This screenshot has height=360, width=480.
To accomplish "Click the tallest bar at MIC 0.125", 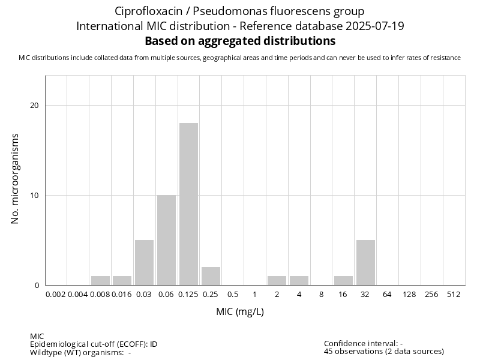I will click(188, 204).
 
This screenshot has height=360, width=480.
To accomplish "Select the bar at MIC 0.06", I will click(166, 240).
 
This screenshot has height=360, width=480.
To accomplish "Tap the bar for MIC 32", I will click(365, 262).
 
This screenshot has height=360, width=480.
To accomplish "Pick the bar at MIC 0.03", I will click(144, 262).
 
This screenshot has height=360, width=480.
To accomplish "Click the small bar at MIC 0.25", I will click(211, 276).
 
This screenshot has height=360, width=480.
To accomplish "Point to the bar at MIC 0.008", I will click(100, 280).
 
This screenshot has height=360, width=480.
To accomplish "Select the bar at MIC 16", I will click(343, 280).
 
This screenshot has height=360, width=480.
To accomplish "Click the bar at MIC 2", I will click(277, 280).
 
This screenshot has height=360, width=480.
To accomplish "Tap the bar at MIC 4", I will click(299, 280).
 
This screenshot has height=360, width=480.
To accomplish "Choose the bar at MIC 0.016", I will click(122, 280).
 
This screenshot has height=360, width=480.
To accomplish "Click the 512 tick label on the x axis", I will click(454, 295).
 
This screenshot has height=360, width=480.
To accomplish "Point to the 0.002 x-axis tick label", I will click(56, 295).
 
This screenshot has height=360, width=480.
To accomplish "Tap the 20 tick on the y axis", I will click(34, 106).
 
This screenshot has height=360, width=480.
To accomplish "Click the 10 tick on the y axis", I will click(34, 196).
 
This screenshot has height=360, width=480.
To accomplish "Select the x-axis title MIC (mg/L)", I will click(240, 312).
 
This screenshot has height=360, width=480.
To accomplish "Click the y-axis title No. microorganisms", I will click(16, 179).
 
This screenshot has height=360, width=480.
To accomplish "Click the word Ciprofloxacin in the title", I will click(144, 11).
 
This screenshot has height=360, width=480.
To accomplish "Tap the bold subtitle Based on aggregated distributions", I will click(240, 41).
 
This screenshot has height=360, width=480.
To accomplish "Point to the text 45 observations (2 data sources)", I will click(384, 352).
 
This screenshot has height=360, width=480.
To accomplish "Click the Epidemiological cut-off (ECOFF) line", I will click(94, 344).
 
